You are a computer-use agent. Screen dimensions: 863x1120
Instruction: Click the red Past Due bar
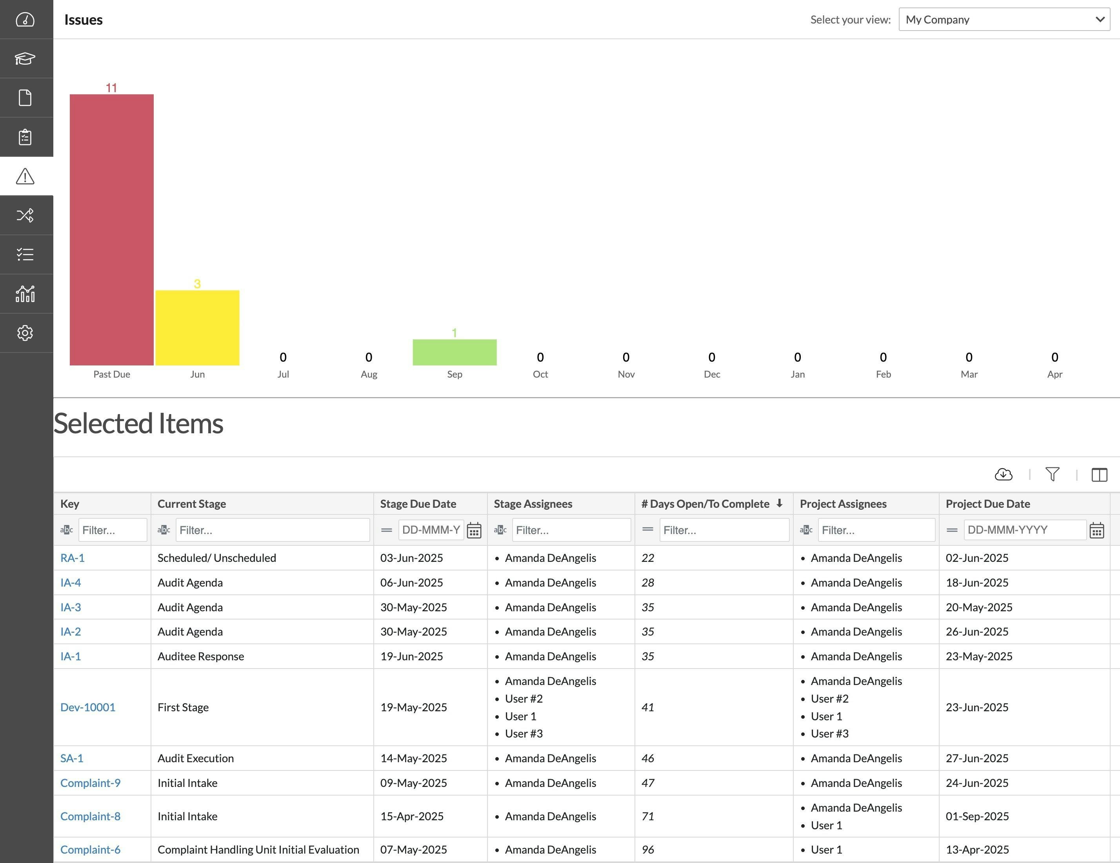coord(111,229)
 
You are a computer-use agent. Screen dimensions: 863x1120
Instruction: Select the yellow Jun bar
coord(197,328)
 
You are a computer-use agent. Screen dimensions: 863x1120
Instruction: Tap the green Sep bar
coord(455,352)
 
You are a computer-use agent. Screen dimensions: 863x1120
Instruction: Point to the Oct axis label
coord(540,374)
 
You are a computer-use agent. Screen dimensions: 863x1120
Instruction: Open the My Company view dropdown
coord(1004,20)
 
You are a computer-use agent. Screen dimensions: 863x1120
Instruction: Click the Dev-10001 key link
coord(88,707)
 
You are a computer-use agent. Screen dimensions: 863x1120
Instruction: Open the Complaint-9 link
coord(90,783)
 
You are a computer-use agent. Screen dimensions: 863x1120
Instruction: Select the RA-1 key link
coord(72,558)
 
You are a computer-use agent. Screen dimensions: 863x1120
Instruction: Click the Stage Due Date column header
coord(418,503)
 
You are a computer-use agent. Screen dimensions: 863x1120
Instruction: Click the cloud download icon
coord(1003,474)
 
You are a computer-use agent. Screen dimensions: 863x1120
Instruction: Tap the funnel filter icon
coord(1052,474)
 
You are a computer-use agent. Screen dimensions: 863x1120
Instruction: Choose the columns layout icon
coord(1099,474)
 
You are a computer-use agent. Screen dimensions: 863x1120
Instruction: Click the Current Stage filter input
coord(272,530)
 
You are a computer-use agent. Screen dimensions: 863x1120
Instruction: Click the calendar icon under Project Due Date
coord(1096,530)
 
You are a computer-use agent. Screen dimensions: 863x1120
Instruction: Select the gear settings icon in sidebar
coord(25,333)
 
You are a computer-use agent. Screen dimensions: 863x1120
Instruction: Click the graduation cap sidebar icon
coord(25,58)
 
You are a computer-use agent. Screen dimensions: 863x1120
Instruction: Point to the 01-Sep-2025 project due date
coord(977,816)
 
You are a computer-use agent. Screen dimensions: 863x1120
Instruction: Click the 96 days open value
coord(648,850)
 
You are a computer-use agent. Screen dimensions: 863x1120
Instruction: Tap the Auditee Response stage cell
coord(200,656)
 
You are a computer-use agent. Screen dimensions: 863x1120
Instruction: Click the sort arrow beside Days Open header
coord(779,503)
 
